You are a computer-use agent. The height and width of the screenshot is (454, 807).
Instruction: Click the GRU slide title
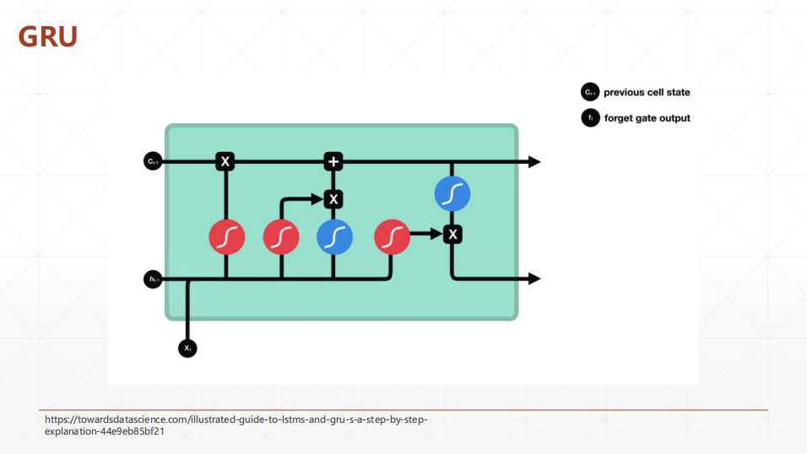pyautogui.click(x=48, y=36)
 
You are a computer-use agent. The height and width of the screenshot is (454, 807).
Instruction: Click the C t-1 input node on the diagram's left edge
pyautogui.click(x=153, y=161)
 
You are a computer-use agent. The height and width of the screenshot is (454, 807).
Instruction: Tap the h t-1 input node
pyautogui.click(x=153, y=278)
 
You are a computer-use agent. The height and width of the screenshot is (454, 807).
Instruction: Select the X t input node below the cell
pyautogui.click(x=187, y=347)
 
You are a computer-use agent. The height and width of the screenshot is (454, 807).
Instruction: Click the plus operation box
pyautogui.click(x=334, y=161)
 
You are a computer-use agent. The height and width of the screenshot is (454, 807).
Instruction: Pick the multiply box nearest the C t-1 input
pyautogui.click(x=225, y=161)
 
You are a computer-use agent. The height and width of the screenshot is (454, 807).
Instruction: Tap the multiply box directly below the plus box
pyautogui.click(x=334, y=199)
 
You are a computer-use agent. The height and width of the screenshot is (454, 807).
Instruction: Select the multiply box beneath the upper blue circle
pyautogui.click(x=453, y=234)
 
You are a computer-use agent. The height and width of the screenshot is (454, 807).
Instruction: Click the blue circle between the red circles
pyautogui.click(x=334, y=236)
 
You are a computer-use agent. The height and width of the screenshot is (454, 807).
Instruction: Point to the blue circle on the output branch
pyautogui.click(x=452, y=195)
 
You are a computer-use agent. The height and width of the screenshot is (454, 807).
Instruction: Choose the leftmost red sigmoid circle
pyautogui.click(x=226, y=237)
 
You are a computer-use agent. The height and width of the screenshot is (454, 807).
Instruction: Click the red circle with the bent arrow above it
pyautogui.click(x=281, y=237)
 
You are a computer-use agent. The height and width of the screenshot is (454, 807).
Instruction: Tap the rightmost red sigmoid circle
pyautogui.click(x=391, y=236)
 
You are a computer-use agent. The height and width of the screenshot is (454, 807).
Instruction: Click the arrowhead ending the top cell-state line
pyautogui.click(x=534, y=161)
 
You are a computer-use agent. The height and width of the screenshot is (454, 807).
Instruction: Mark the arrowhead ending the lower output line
pyautogui.click(x=534, y=278)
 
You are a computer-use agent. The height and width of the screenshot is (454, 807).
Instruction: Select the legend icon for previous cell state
pyautogui.click(x=589, y=93)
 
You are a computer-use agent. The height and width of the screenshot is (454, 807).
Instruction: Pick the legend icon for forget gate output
pyautogui.click(x=589, y=118)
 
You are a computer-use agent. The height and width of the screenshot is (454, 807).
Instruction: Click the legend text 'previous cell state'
pyautogui.click(x=647, y=93)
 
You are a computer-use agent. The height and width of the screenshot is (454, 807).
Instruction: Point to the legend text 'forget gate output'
pyautogui.click(x=647, y=118)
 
